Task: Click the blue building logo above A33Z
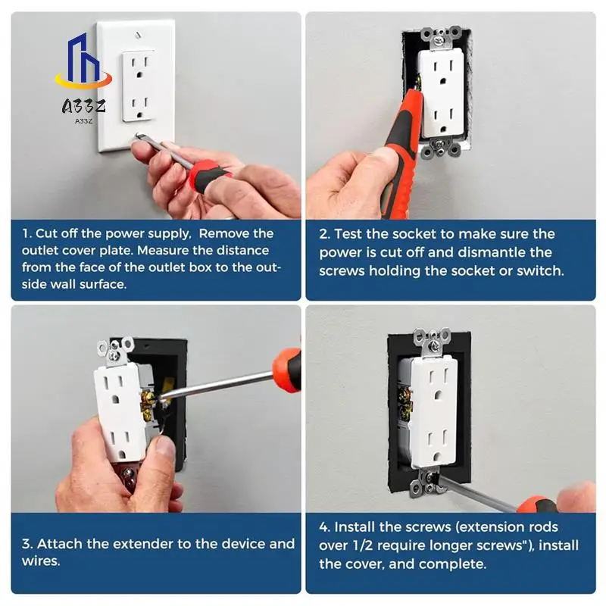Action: pos(83,61)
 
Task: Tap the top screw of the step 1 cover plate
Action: pos(139,36)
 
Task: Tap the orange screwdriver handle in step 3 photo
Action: pos(288,369)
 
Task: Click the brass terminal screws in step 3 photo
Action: pos(147,405)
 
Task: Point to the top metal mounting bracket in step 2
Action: pos(442,37)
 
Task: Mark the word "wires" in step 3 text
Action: pos(41,561)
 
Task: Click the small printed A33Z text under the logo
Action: pos(83,121)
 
